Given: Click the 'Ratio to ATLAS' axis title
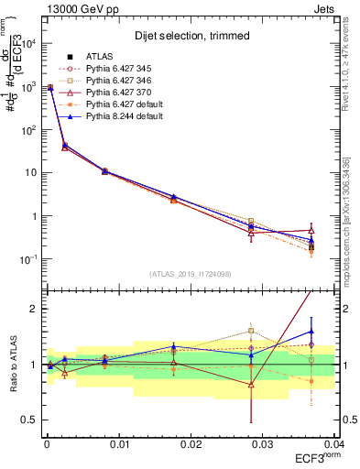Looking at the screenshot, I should pos(12,364).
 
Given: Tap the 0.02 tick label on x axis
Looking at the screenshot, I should pos(191,442).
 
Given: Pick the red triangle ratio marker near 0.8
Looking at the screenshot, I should pos(251,385).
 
